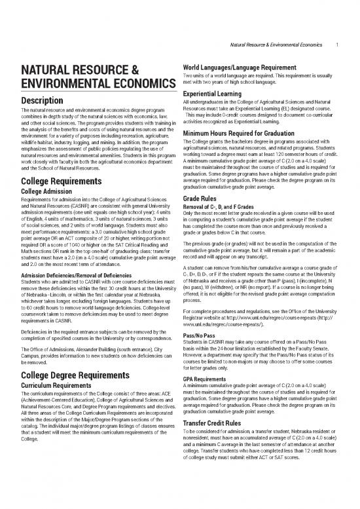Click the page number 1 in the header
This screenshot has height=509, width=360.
click(x=336, y=45)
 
